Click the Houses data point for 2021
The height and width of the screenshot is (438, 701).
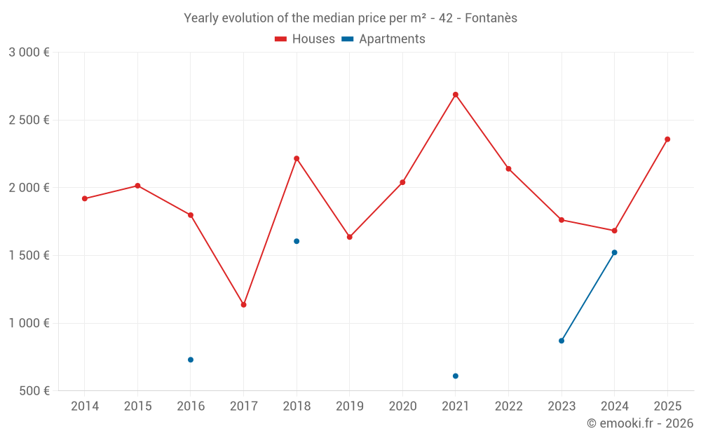(456, 95)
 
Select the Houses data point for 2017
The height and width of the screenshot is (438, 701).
(243, 305)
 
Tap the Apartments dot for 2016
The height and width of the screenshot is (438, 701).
(191, 360)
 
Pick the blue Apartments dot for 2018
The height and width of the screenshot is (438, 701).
(297, 241)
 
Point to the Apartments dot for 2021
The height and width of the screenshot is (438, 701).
(456, 376)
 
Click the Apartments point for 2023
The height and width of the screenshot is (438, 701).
(562, 341)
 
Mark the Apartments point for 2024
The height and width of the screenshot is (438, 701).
(614, 252)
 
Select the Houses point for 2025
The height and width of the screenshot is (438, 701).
(667, 139)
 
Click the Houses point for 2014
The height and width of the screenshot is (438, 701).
(85, 198)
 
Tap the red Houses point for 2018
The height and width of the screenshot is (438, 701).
(297, 158)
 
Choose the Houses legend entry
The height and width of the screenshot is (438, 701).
(305, 39)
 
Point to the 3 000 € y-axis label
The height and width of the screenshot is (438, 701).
(29, 53)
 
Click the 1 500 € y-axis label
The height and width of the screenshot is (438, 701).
(29, 256)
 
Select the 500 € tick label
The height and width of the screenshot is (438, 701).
(34, 391)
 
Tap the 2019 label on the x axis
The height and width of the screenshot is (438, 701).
(349, 406)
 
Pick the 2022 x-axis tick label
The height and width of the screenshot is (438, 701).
(508, 406)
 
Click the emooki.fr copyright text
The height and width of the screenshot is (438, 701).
(639, 423)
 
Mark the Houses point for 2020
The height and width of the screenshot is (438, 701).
(402, 182)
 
